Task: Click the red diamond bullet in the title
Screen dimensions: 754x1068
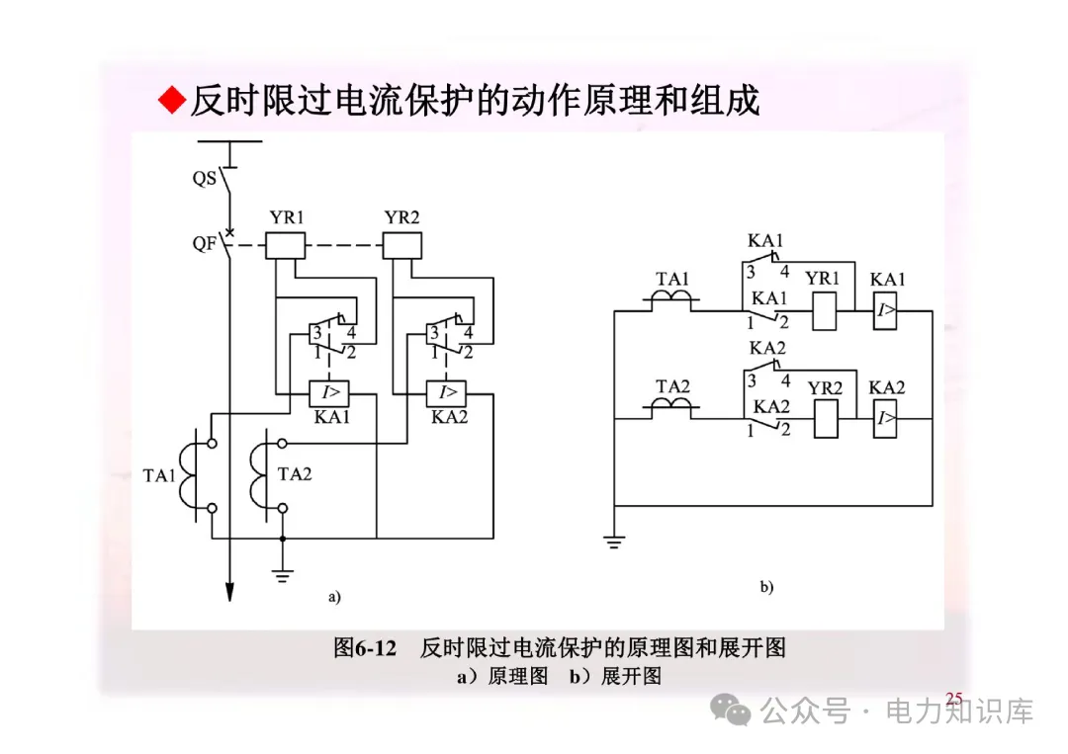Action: (x=172, y=100)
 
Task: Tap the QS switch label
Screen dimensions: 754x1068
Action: (x=205, y=179)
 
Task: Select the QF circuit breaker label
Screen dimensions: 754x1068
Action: (x=205, y=243)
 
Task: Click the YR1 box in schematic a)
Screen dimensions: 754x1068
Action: (x=286, y=245)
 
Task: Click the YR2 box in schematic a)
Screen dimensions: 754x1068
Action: (x=402, y=245)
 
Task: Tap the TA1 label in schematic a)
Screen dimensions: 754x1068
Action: (x=159, y=476)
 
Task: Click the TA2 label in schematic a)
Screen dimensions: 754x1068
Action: (x=295, y=474)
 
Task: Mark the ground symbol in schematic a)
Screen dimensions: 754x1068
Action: (x=283, y=574)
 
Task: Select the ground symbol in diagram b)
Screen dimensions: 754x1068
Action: (x=614, y=543)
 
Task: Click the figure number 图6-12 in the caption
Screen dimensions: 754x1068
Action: (x=365, y=648)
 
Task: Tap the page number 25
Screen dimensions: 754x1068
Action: (x=953, y=700)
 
